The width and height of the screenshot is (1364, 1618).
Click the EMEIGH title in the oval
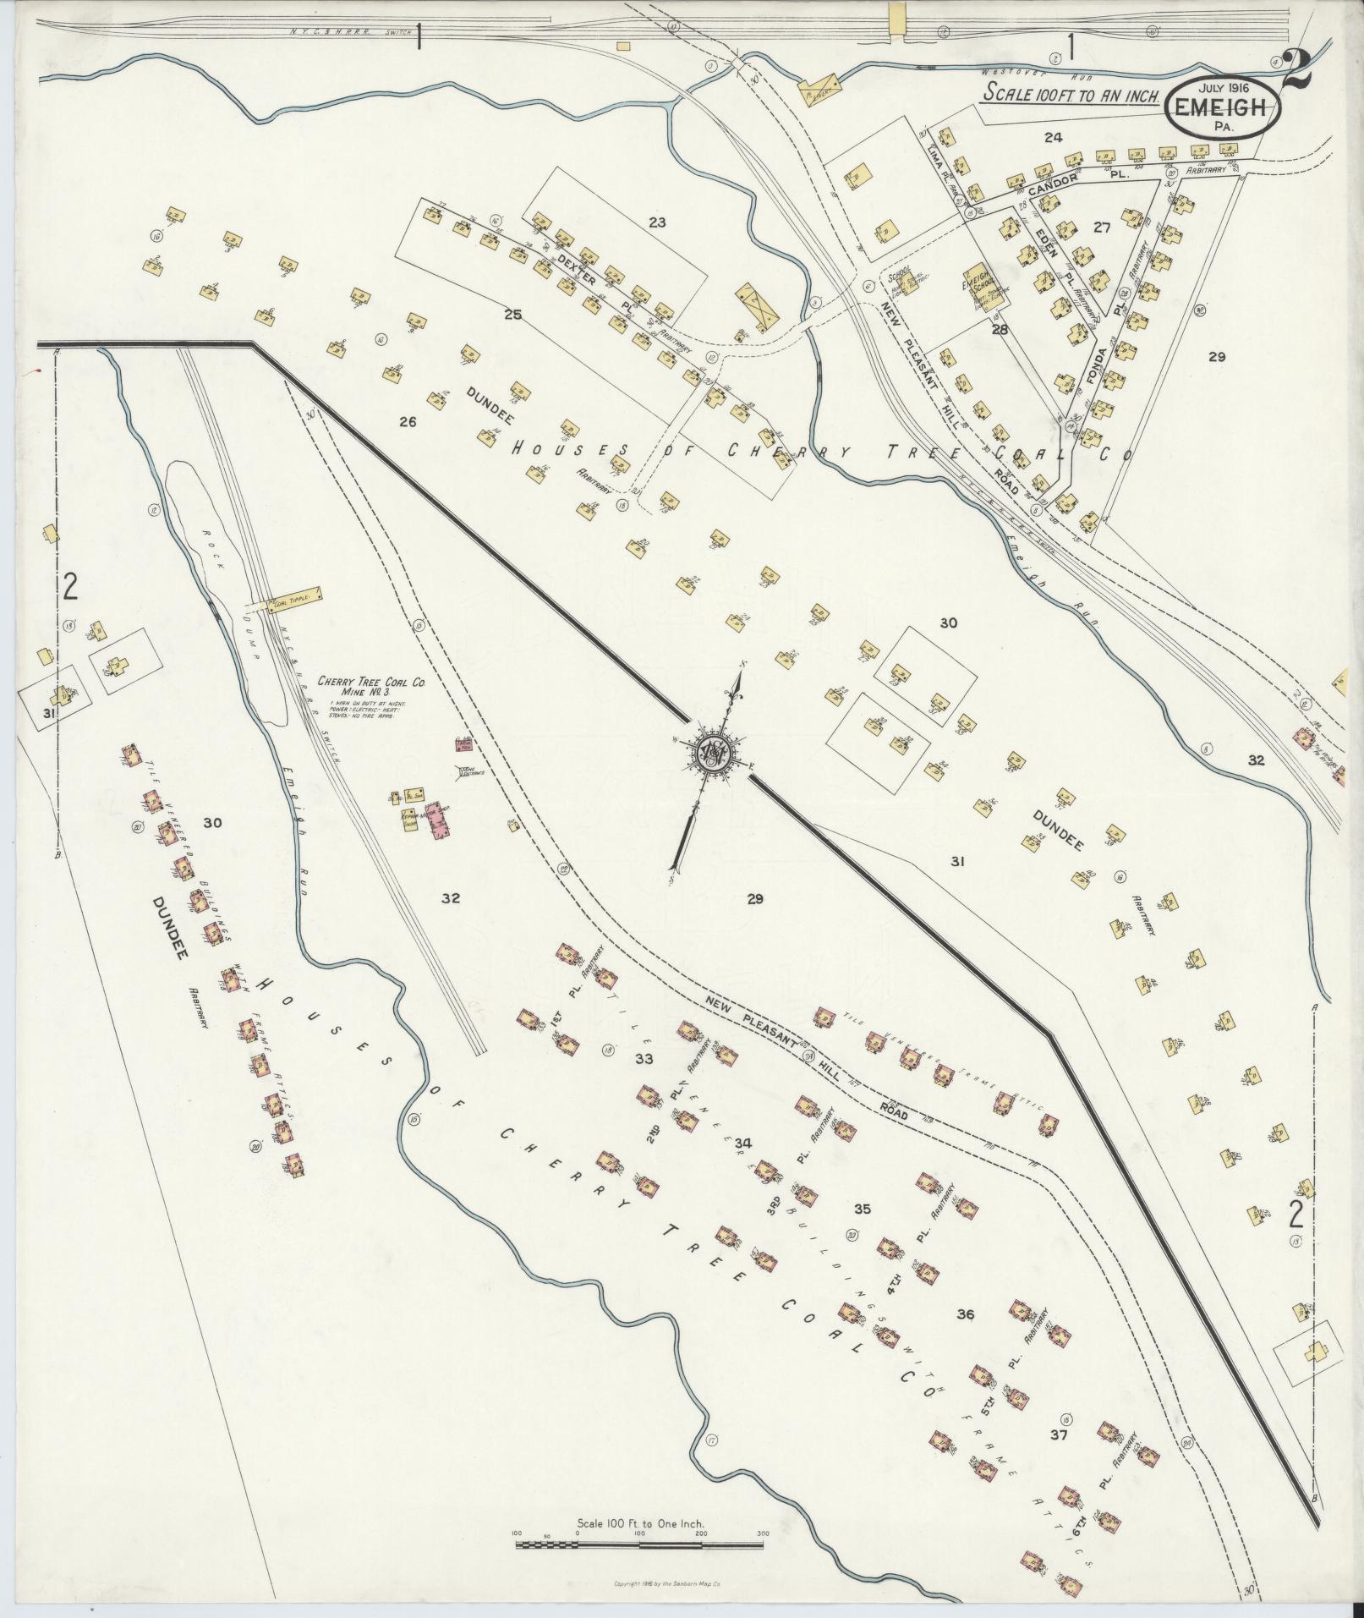click(1223, 109)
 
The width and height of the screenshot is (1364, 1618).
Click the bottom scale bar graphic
click(639, 1545)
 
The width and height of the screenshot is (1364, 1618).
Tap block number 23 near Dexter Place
click(657, 223)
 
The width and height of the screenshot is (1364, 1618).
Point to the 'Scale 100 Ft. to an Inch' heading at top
click(1075, 96)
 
